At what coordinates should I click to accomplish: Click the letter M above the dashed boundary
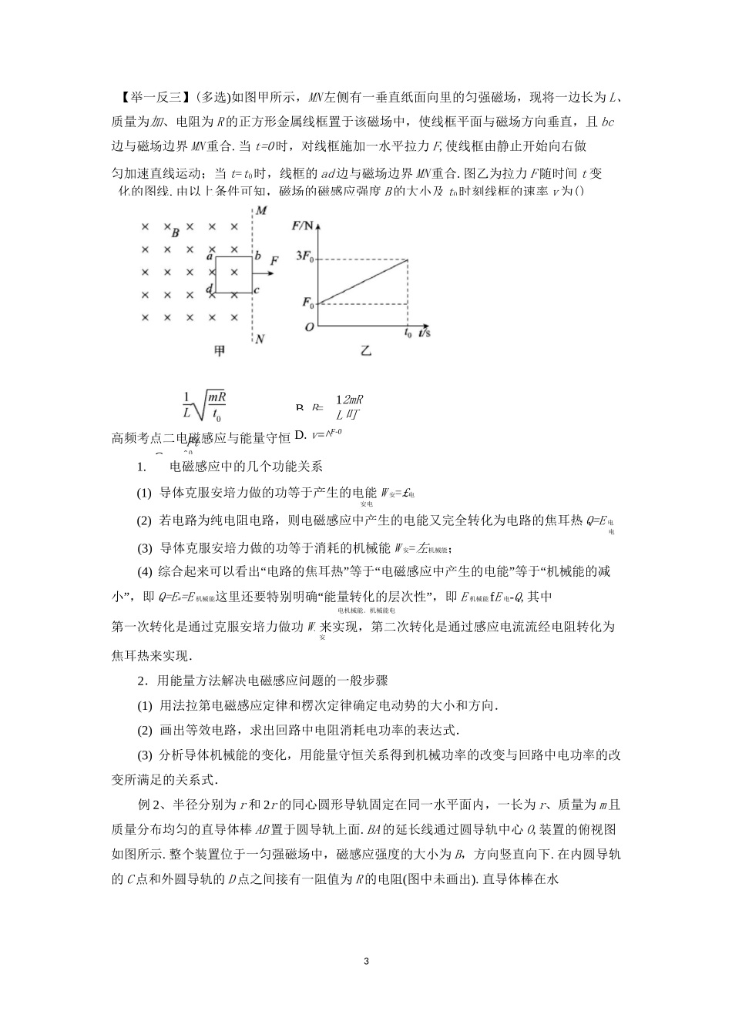(x=261, y=210)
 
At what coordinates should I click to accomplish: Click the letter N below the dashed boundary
(x=260, y=339)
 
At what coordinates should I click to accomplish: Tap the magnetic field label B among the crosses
(x=176, y=233)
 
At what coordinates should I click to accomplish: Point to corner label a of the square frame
(x=210, y=256)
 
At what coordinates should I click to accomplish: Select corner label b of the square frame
(x=258, y=256)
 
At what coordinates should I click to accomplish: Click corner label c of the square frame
(x=257, y=289)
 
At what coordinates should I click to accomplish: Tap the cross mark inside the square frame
(x=234, y=273)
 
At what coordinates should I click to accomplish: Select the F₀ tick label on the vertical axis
(x=308, y=303)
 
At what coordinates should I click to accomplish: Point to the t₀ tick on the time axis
(x=408, y=333)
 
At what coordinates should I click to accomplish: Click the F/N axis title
(x=304, y=226)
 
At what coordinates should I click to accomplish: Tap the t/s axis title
(x=425, y=333)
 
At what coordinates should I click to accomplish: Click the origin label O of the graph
(x=309, y=326)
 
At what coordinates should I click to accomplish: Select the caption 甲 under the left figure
(x=220, y=351)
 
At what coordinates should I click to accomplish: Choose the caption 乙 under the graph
(x=366, y=351)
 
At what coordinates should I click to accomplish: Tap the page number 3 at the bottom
(x=366, y=962)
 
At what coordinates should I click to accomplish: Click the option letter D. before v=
(x=301, y=435)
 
